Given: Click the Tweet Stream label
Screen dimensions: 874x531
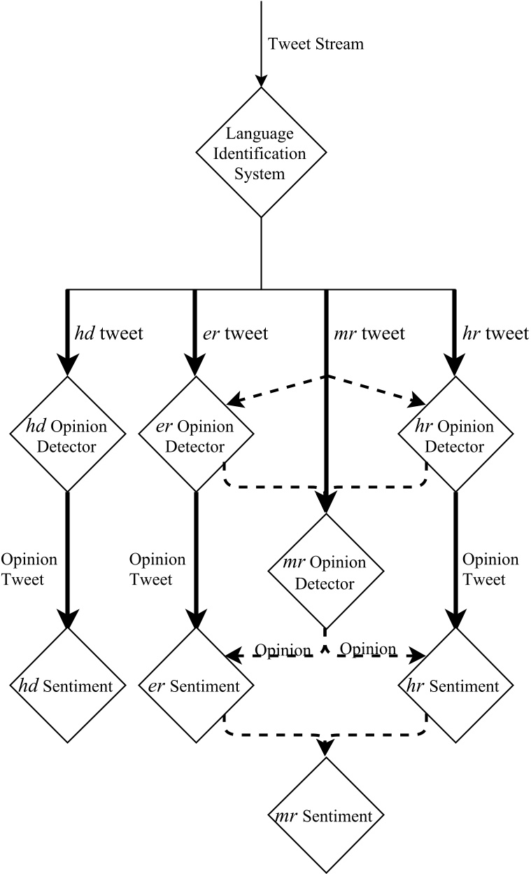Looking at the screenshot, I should click(316, 43).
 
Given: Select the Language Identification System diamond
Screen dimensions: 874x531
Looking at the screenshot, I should click(260, 153).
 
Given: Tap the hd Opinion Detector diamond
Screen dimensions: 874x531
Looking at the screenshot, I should click(68, 435).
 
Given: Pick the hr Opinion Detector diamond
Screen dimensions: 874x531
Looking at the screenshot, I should click(455, 435).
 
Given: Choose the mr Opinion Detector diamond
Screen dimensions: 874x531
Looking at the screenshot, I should click(326, 571).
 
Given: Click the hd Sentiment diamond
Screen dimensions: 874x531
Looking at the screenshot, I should click(68, 686).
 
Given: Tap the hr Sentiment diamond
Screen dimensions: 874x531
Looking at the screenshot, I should click(455, 686).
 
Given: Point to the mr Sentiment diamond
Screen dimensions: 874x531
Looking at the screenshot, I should click(326, 816).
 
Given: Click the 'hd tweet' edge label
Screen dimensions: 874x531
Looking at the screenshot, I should click(108, 333).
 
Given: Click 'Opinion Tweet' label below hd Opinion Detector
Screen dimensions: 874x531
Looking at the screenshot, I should click(29, 569).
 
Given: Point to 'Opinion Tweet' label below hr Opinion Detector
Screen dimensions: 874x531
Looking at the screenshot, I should click(491, 569).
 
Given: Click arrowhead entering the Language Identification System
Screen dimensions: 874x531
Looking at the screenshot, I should click(260, 79).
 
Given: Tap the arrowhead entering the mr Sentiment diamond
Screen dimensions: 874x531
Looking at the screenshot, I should click(326, 749).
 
